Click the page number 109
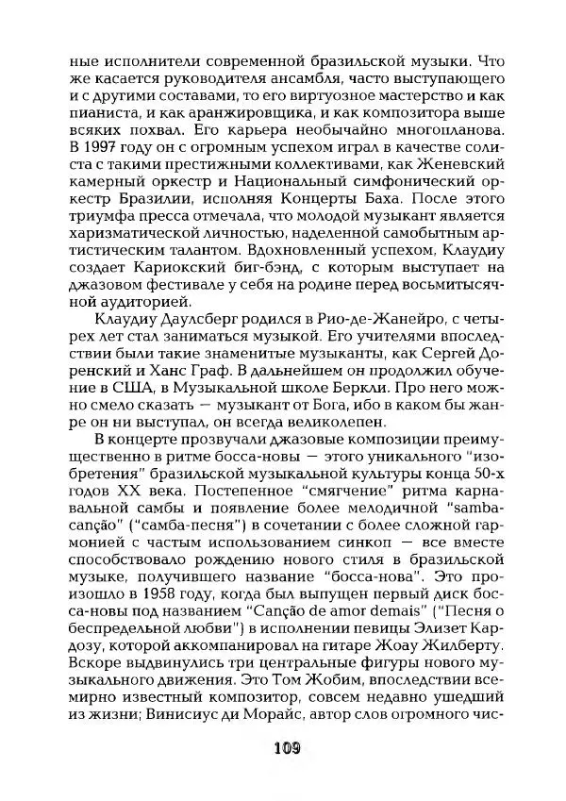click(x=282, y=750)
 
